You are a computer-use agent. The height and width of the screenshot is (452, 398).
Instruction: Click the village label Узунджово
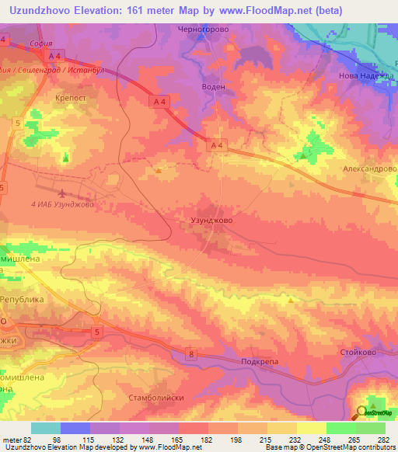tap(211, 221)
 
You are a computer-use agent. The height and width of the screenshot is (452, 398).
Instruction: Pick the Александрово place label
tap(370, 169)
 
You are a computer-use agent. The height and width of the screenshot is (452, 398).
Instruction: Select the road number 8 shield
tap(190, 355)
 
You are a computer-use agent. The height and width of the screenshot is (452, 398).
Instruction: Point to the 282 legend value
tap(384, 440)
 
